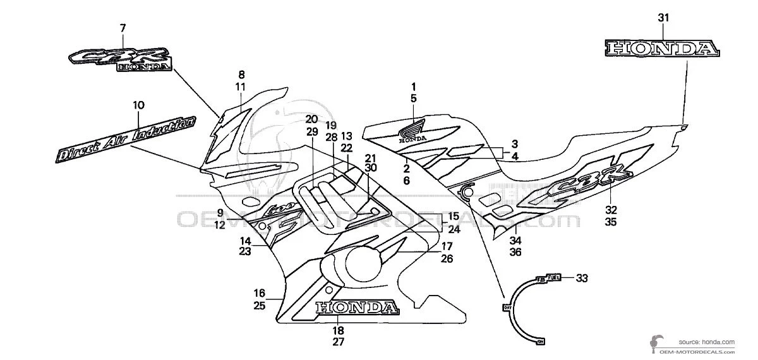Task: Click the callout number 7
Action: pyautogui.click(x=123, y=28)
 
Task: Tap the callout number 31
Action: pyautogui.click(x=662, y=18)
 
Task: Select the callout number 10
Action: pyautogui.click(x=138, y=104)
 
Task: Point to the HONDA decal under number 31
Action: pyautogui.click(x=662, y=49)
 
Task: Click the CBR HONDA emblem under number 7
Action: pyautogui.click(x=119, y=59)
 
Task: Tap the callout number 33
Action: pyautogui.click(x=582, y=277)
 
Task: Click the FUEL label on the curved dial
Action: pyautogui.click(x=553, y=277)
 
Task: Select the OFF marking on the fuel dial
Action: pyautogui.click(x=506, y=308)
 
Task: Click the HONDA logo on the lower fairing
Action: pyautogui.click(x=357, y=308)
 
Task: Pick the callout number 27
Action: pyautogui.click(x=338, y=342)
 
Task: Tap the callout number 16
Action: pyautogui.click(x=259, y=292)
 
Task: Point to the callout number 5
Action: pyautogui.click(x=413, y=98)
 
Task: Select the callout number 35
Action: pyautogui.click(x=611, y=222)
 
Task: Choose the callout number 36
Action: pyautogui.click(x=515, y=252)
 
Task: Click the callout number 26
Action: pyautogui.click(x=447, y=258)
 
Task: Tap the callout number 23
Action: pyautogui.click(x=245, y=251)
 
